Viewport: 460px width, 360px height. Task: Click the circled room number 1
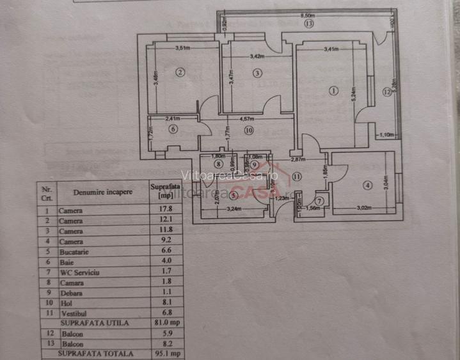tap(332, 91)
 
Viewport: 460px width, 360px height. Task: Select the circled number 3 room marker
tap(257, 74)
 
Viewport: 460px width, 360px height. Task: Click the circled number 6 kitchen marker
tap(173, 129)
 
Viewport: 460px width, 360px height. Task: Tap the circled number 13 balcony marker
tap(309, 24)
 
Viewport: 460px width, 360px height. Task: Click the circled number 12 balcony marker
tap(386, 92)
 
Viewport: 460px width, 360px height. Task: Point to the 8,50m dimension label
tap(310, 15)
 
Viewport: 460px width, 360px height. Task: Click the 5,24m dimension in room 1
tap(353, 96)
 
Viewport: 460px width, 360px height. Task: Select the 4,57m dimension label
tap(247, 118)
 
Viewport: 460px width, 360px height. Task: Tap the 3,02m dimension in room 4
tap(364, 207)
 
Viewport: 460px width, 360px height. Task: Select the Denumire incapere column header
tap(102, 191)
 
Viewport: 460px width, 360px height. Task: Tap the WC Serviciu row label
tap(81, 272)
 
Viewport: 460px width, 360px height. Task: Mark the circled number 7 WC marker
tap(319, 200)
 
